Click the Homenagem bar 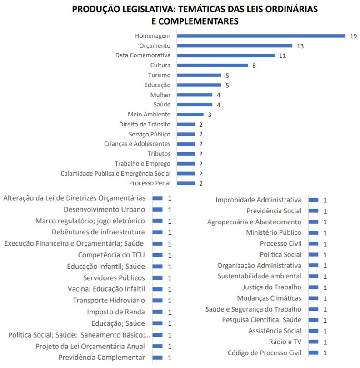pyautogui.click(x=261, y=36)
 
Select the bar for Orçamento pyautogui.click(x=235, y=46)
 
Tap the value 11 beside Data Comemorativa pyautogui.click(x=282, y=56)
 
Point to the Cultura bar pyautogui.click(x=212, y=66)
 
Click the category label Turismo pyautogui.click(x=159, y=75)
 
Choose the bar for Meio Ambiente pyautogui.click(x=190, y=115)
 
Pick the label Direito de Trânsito pyautogui.click(x=145, y=124)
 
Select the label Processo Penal pyautogui.click(x=150, y=183)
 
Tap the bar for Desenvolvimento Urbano pyautogui.click(x=157, y=210)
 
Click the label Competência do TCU pyautogui.click(x=111, y=255)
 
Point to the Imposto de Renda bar pyautogui.click(x=157, y=312)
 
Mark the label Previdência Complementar pyautogui.click(x=102, y=358)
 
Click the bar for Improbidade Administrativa pyautogui.click(x=313, y=200)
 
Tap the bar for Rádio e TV pyautogui.click(x=313, y=342)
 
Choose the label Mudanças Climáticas pyautogui.click(x=269, y=298)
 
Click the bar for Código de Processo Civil pyautogui.click(x=313, y=353)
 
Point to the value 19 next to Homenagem pyautogui.click(x=353, y=36)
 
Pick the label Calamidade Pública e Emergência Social pyautogui.click(x=115, y=173)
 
